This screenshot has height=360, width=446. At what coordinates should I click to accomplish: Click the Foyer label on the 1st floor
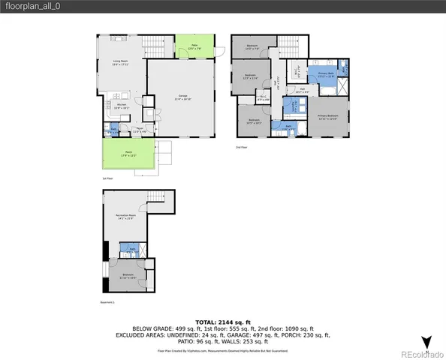138,130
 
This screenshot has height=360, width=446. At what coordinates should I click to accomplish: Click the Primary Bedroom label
329,117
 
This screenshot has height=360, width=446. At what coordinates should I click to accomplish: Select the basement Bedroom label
127,276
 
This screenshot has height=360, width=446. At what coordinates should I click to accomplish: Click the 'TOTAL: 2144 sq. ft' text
222,321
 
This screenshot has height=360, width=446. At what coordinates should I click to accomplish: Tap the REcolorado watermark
422,354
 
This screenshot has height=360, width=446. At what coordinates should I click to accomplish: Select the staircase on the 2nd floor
287,43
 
